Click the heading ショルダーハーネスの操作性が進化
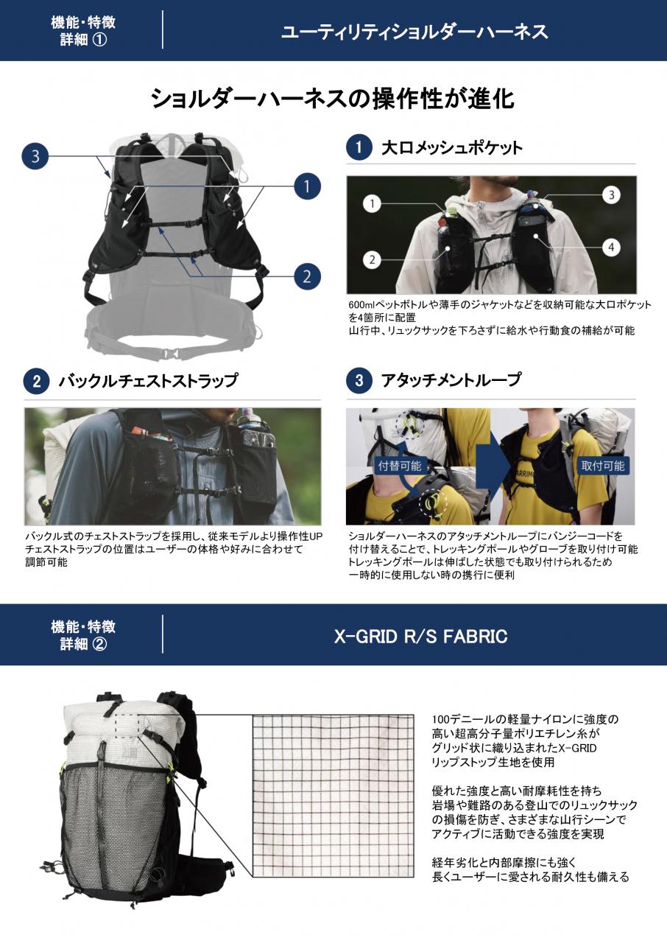coord(332,99)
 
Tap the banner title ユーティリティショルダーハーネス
coord(414,32)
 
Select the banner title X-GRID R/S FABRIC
coord(420,637)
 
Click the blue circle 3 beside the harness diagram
coord(35,156)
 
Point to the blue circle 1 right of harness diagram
coord(307,186)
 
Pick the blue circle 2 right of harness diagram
coord(307,276)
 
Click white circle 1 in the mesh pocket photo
coord(372,204)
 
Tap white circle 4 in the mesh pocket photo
coord(611,248)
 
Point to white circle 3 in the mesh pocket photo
coord(612,195)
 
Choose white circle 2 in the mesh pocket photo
coord(372,259)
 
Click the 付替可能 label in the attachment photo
coord(400,466)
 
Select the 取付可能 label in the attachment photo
coord(603,466)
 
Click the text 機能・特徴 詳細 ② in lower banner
coord(83,635)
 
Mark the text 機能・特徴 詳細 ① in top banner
coord(83,31)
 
